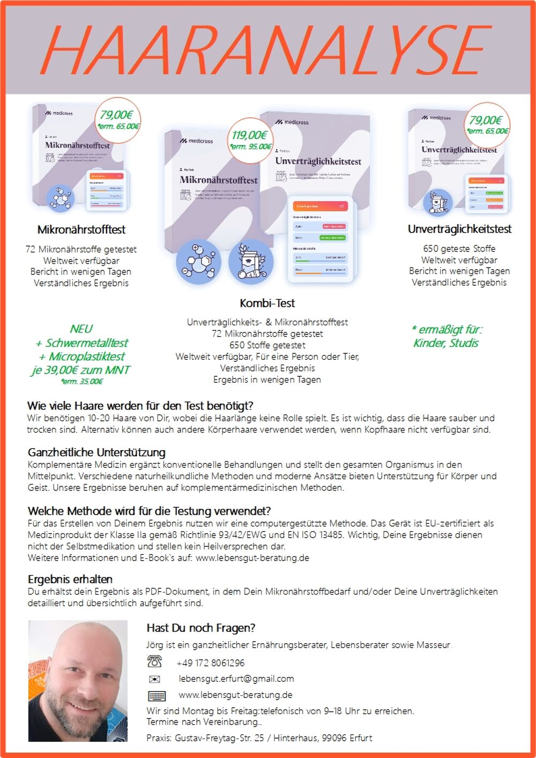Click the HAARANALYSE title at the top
pos(266,49)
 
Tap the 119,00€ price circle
pos(250,140)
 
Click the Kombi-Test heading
pos(267,303)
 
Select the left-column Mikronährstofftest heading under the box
pos(81,230)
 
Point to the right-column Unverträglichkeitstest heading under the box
pos(459,229)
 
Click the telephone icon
pos(154,662)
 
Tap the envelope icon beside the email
pos(154,679)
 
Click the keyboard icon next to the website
pos(157,696)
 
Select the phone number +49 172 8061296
pos(211,663)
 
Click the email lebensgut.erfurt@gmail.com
pos(236,679)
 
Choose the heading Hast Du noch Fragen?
pos(201,628)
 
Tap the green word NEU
pos(81,329)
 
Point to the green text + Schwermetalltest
pos(81,343)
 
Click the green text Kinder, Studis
pos(446,343)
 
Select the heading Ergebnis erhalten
pos(70,579)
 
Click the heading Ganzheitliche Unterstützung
pos(96,452)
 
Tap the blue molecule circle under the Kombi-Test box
pos(198,262)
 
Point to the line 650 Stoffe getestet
pos(267,345)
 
